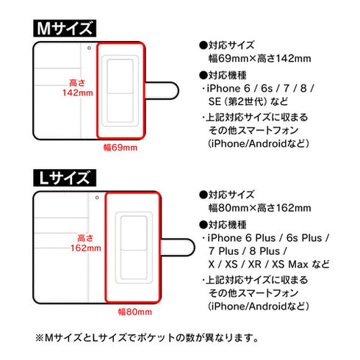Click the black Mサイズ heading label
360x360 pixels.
pos(65,29)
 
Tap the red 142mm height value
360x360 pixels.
pos(77,93)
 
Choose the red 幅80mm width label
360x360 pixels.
pos(134,311)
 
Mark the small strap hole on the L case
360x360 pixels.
pos(97,198)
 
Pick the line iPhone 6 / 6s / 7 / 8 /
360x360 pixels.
pos(257,88)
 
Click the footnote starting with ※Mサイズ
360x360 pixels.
pos(147,339)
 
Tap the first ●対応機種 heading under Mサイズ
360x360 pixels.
pos(228,75)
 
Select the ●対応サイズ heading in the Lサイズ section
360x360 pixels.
pos(228,195)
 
